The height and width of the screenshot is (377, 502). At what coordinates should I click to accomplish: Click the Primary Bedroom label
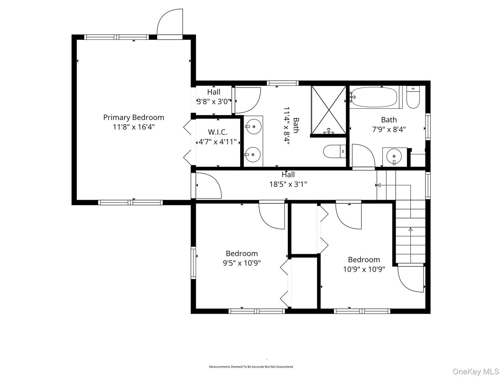click(134, 117)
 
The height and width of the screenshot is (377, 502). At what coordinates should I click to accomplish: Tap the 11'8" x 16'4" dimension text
click(134, 127)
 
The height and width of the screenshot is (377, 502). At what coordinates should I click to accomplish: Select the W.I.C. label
click(218, 132)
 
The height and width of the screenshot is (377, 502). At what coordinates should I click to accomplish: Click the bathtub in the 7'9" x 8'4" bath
click(374, 97)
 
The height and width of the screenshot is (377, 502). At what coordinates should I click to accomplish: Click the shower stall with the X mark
click(328, 109)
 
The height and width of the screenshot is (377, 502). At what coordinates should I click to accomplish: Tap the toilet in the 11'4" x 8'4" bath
click(334, 152)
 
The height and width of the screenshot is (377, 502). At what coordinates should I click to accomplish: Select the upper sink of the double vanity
click(253, 126)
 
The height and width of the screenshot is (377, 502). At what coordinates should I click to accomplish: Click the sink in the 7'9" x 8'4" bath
click(394, 156)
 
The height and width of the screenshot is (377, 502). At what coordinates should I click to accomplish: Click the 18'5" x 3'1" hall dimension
click(288, 184)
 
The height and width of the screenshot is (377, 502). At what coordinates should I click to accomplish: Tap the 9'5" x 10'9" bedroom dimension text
click(242, 263)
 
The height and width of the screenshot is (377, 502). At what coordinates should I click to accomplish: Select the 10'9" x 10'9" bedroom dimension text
click(364, 269)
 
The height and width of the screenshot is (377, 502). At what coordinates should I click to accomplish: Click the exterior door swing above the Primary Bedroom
click(169, 23)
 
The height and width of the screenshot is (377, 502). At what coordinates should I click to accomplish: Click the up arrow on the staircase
click(410, 229)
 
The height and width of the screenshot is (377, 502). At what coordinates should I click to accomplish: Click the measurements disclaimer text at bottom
click(251, 367)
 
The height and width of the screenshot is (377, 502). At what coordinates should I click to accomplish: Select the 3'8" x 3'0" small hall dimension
click(214, 102)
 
